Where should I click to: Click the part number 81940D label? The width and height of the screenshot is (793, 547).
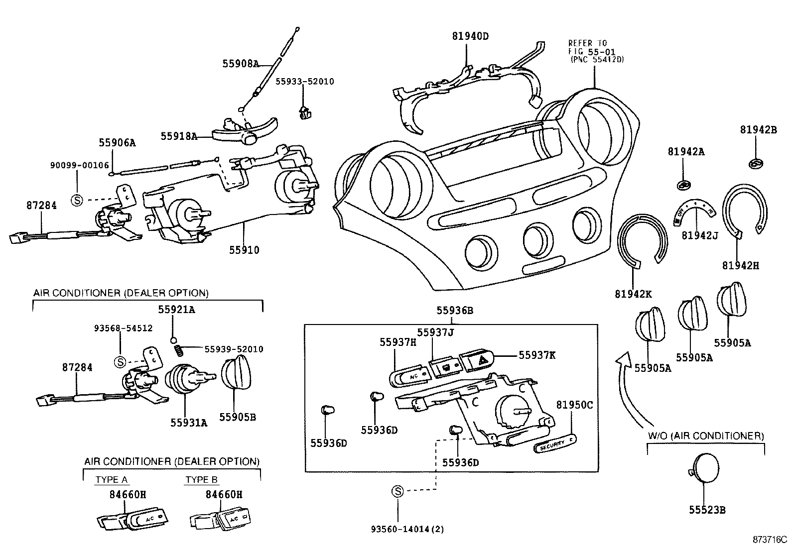(x=471, y=36)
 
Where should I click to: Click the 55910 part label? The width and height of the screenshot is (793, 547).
(x=244, y=250)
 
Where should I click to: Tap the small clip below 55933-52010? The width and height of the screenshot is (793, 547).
(x=303, y=113)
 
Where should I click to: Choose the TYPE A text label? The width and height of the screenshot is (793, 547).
(x=112, y=480)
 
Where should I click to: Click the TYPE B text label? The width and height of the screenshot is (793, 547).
(x=202, y=480)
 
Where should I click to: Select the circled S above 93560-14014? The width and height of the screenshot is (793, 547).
(x=398, y=491)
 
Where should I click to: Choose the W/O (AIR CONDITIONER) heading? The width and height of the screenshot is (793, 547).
(x=706, y=436)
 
